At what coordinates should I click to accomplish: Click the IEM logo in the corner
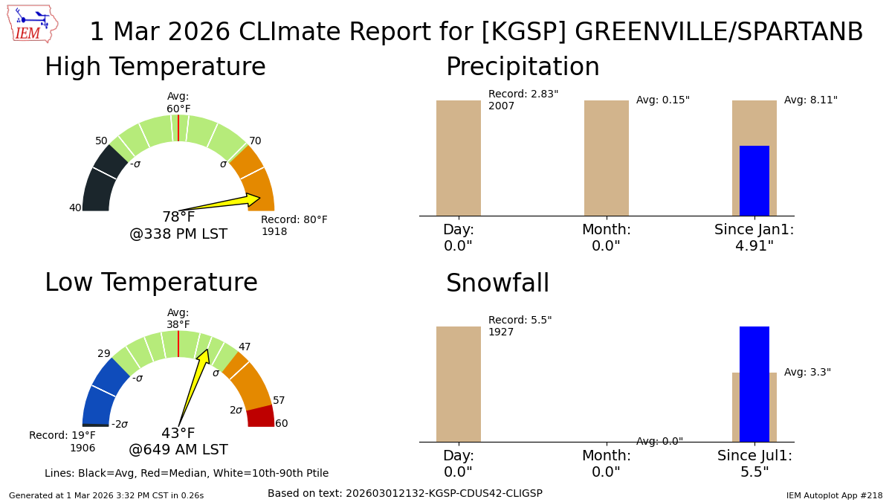tap(32, 24)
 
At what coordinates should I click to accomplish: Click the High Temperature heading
tap(155, 68)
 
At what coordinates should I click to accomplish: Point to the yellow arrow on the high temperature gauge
tap(223, 203)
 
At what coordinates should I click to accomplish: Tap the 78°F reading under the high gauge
tap(178, 217)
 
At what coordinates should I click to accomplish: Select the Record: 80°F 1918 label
tap(294, 226)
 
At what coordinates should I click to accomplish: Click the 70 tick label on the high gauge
tap(255, 141)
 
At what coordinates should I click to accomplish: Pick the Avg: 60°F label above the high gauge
tap(178, 103)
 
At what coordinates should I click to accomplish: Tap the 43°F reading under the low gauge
tap(178, 434)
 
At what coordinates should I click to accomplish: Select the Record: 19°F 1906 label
tap(62, 442)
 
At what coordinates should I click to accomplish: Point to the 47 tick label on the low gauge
tap(245, 347)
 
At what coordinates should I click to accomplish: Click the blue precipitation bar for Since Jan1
tap(754, 181)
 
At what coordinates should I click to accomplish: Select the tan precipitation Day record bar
tap(459, 158)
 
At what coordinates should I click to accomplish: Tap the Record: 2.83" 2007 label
tap(523, 100)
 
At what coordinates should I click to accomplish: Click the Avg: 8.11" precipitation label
tap(810, 100)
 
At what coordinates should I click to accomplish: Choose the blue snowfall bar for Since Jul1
tap(754, 384)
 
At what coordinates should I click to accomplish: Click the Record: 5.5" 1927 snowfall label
tap(520, 326)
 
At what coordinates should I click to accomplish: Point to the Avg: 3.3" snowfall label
tap(807, 373)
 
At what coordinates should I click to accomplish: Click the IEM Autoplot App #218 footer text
tap(834, 495)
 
